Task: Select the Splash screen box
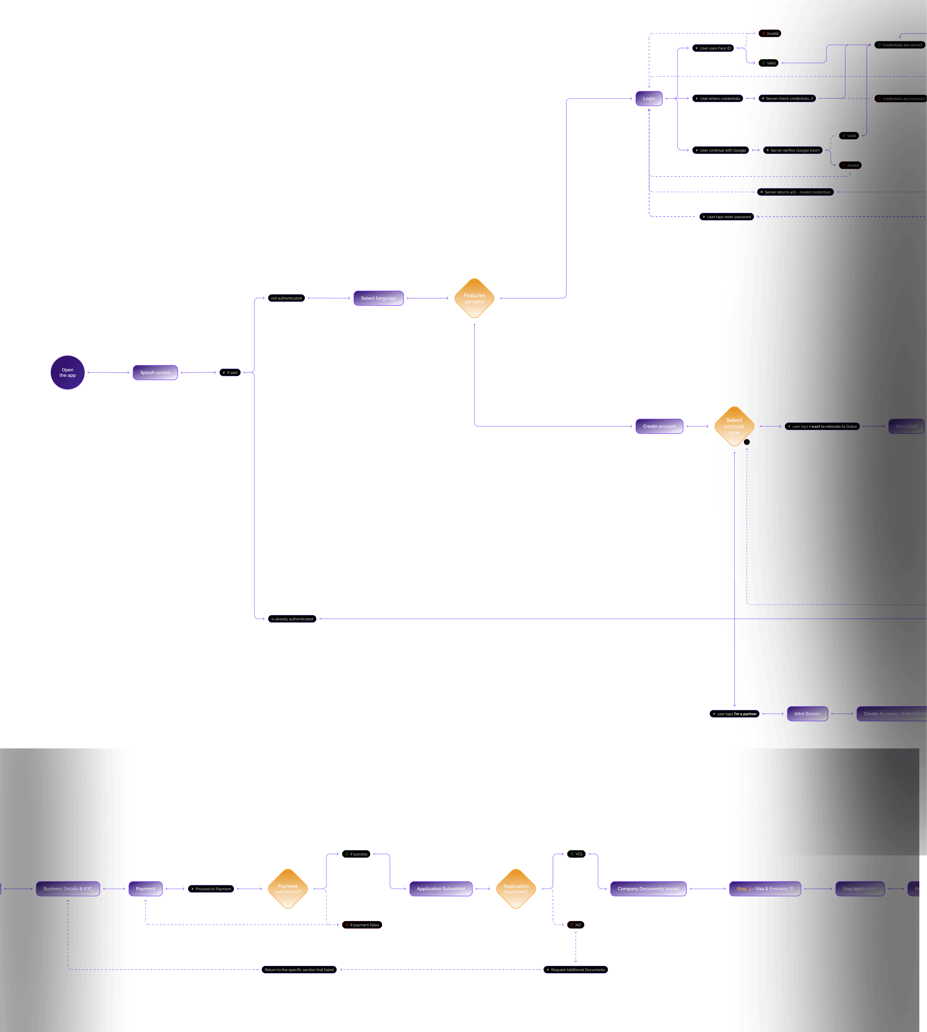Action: point(155,372)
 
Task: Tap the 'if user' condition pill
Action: point(230,372)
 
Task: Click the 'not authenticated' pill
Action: point(286,298)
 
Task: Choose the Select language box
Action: point(378,298)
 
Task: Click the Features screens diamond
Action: point(474,299)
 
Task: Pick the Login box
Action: point(649,98)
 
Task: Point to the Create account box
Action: point(659,426)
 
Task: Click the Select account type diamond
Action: point(734,426)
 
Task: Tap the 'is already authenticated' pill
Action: point(292,619)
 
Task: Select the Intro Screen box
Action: point(807,714)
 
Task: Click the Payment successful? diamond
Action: point(288,889)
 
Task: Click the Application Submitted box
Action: point(441,889)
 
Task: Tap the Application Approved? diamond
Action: point(516,889)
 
